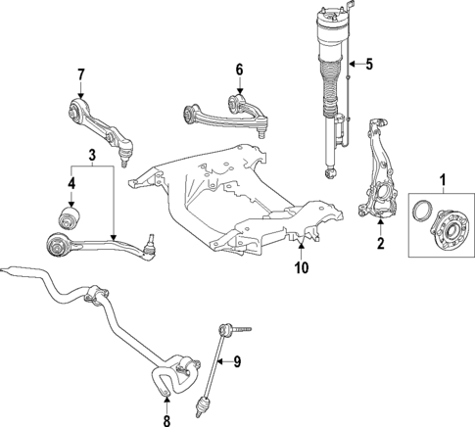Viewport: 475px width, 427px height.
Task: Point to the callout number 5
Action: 369,66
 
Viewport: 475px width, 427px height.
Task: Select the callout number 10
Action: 301,266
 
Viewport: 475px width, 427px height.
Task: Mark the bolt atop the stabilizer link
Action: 240,329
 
